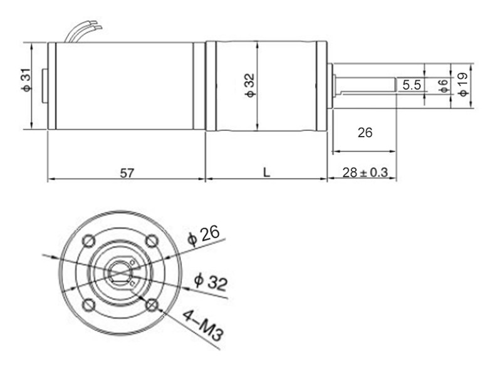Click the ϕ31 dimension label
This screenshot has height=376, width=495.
coord(27,79)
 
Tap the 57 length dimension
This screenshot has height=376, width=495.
coord(127,173)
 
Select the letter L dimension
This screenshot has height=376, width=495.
coord(267,172)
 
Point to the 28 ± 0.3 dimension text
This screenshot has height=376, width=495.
coord(365,172)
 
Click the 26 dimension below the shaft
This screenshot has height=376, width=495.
coord(365,133)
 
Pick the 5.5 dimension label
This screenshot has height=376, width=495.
coord(412,85)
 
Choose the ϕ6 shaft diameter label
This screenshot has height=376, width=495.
coord(444,86)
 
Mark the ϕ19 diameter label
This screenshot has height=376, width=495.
coord(462,85)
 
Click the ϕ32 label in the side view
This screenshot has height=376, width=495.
coord(250,86)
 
